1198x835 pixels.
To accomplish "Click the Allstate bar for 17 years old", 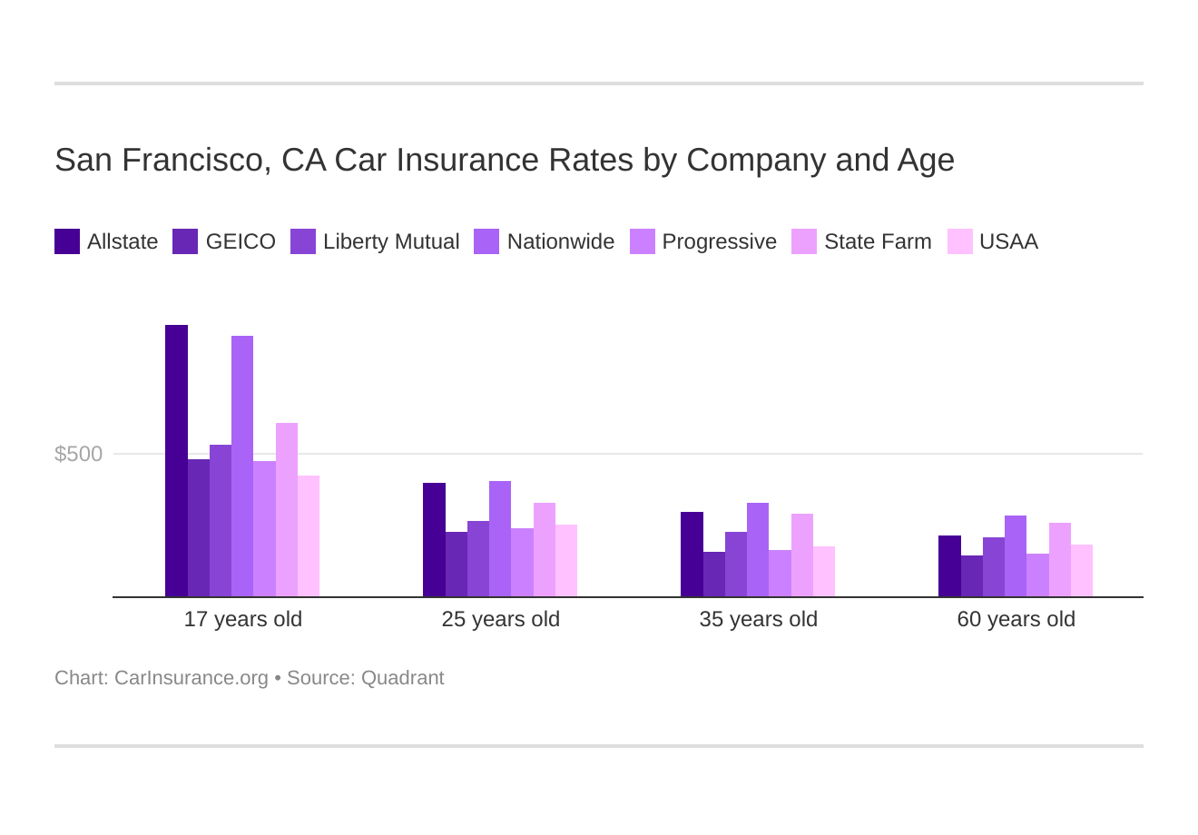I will [x=176, y=461].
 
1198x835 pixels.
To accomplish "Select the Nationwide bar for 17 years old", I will [x=242, y=467].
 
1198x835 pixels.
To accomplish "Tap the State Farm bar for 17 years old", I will [x=287, y=510].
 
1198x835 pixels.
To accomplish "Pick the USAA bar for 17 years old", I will [x=309, y=536].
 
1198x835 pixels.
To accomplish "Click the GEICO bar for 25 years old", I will [x=457, y=565].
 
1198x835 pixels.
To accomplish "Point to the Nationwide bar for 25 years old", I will [x=500, y=539].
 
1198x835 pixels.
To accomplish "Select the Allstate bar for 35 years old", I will [x=692, y=555].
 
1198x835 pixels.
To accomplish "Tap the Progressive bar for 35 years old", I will [x=780, y=574].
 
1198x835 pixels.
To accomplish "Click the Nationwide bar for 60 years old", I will [x=1016, y=556].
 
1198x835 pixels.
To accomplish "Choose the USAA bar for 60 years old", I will [x=1082, y=571].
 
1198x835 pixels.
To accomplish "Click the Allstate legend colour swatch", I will [x=67, y=241].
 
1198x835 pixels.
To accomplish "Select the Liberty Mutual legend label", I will [x=391, y=241].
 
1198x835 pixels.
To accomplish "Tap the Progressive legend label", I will [x=719, y=241].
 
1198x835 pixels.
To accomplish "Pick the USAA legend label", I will [x=1008, y=241].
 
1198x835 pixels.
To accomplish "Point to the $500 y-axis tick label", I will [x=79, y=454].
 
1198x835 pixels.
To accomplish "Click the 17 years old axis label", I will [x=243, y=619].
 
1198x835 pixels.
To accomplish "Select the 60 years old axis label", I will [x=1016, y=619].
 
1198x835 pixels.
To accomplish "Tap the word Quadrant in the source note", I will [x=402, y=678].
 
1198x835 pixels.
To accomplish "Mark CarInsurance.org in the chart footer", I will [x=191, y=678].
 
